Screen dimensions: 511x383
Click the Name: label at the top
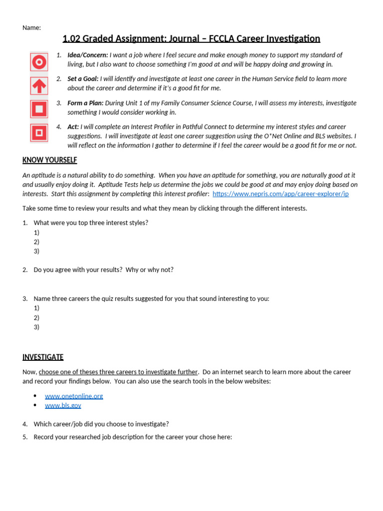pyautogui.click(x=31, y=28)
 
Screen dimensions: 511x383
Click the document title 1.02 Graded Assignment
pyautogui.click(x=191, y=39)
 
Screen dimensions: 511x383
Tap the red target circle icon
pyautogui.click(x=39, y=62)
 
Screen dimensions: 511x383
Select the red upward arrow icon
pyautogui.click(x=39, y=86)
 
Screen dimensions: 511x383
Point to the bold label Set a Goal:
pyautogui.click(x=83, y=79)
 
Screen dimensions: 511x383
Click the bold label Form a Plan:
pyautogui.click(x=85, y=103)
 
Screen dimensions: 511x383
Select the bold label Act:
pyautogui.click(x=73, y=127)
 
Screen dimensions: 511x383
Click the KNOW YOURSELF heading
pyautogui.click(x=50, y=160)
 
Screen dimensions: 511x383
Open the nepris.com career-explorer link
pyautogui.click(x=280, y=194)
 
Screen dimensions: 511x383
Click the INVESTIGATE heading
pyautogui.click(x=43, y=357)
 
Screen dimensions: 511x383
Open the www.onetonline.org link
pyautogui.click(x=74, y=396)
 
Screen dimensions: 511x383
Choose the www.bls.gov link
pyautogui.click(x=63, y=406)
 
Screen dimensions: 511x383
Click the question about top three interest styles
pyautogui.click(x=91, y=223)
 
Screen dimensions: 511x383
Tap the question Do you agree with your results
pyautogui.click(x=103, y=269)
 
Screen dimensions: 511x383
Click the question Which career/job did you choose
pyautogui.click(x=101, y=424)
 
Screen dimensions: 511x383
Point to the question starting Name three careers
pyautogui.click(x=151, y=298)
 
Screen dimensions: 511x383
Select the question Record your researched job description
pyautogui.click(x=133, y=437)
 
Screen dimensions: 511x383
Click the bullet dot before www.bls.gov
pyautogui.click(x=35, y=406)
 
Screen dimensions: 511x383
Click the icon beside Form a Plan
pyautogui.click(x=39, y=109)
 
